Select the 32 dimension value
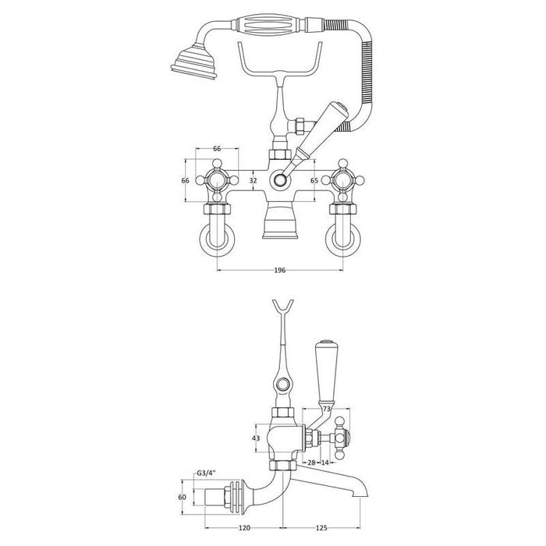click(x=251, y=180)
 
